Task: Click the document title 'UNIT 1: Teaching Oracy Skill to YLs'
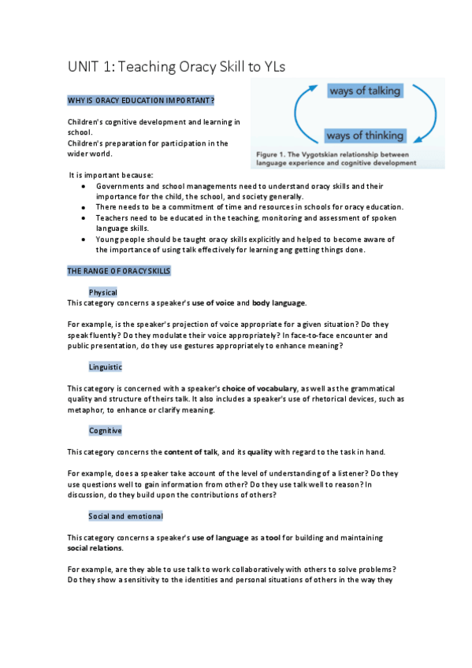tap(176, 68)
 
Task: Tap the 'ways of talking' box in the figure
tap(365, 91)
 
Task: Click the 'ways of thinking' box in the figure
tap(365, 135)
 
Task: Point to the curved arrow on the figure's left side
tap(300, 114)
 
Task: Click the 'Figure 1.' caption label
tap(273, 154)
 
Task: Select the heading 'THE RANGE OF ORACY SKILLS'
tap(118, 271)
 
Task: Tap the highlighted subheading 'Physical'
tap(103, 292)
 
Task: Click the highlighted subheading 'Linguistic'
tap(106, 367)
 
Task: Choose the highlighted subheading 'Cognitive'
tap(106, 431)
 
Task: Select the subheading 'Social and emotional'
tap(126, 516)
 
